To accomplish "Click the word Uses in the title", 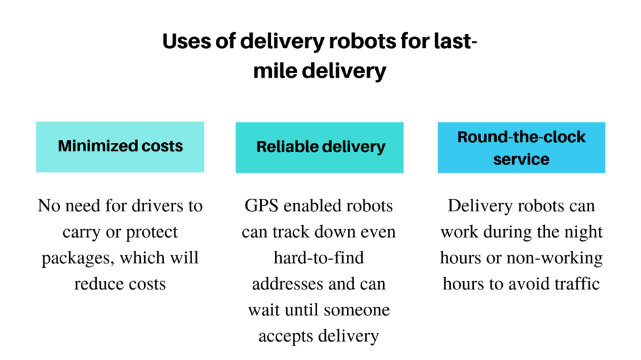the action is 187,41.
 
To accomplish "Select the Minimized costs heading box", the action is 120,147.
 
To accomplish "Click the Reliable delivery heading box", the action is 319,147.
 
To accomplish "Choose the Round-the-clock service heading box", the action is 521,147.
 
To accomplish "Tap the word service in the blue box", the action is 521,159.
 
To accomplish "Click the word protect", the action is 151,232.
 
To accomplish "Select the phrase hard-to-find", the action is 319,258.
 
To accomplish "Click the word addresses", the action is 283,284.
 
